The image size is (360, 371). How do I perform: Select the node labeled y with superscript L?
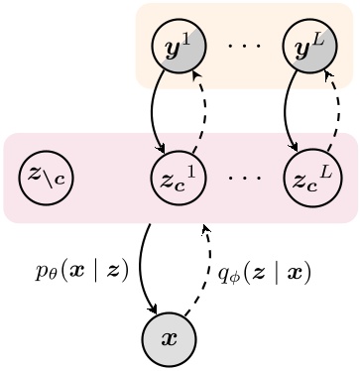pos(308,46)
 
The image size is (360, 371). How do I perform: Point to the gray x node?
pos(170,338)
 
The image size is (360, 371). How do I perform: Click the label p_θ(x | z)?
pos(81,270)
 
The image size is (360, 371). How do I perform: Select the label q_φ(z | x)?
pos(265,272)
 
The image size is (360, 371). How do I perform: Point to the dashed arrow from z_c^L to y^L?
pos(334,111)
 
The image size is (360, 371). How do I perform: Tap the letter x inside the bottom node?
pos(170,339)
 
